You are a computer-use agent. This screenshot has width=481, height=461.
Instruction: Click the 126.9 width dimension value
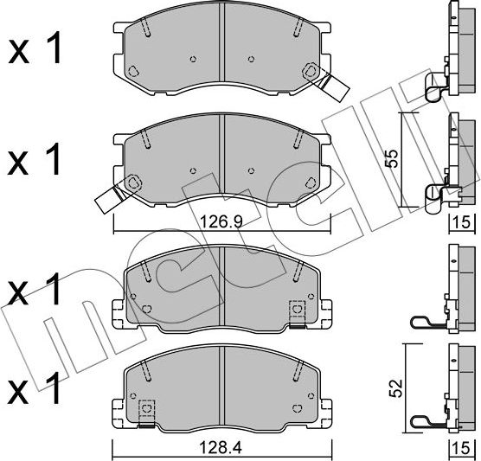coord(221,221)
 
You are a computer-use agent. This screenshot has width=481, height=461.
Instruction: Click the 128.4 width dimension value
coord(221,448)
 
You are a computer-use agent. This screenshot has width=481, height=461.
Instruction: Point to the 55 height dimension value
coord(392,158)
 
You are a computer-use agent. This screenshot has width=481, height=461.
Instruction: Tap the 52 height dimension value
coord(395,388)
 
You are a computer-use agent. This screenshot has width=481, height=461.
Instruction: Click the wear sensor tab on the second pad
coord(109,198)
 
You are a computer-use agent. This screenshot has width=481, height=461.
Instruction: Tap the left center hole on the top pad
coord(193,59)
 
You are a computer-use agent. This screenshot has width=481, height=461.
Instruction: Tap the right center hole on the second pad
coord(251,170)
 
